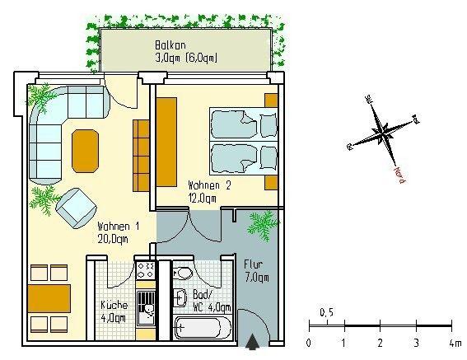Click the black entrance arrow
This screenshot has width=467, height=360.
pyautogui.click(x=253, y=338)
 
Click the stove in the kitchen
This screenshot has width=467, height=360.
pyautogui.click(x=147, y=270)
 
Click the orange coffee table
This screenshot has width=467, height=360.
pyautogui.click(x=87, y=150)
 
